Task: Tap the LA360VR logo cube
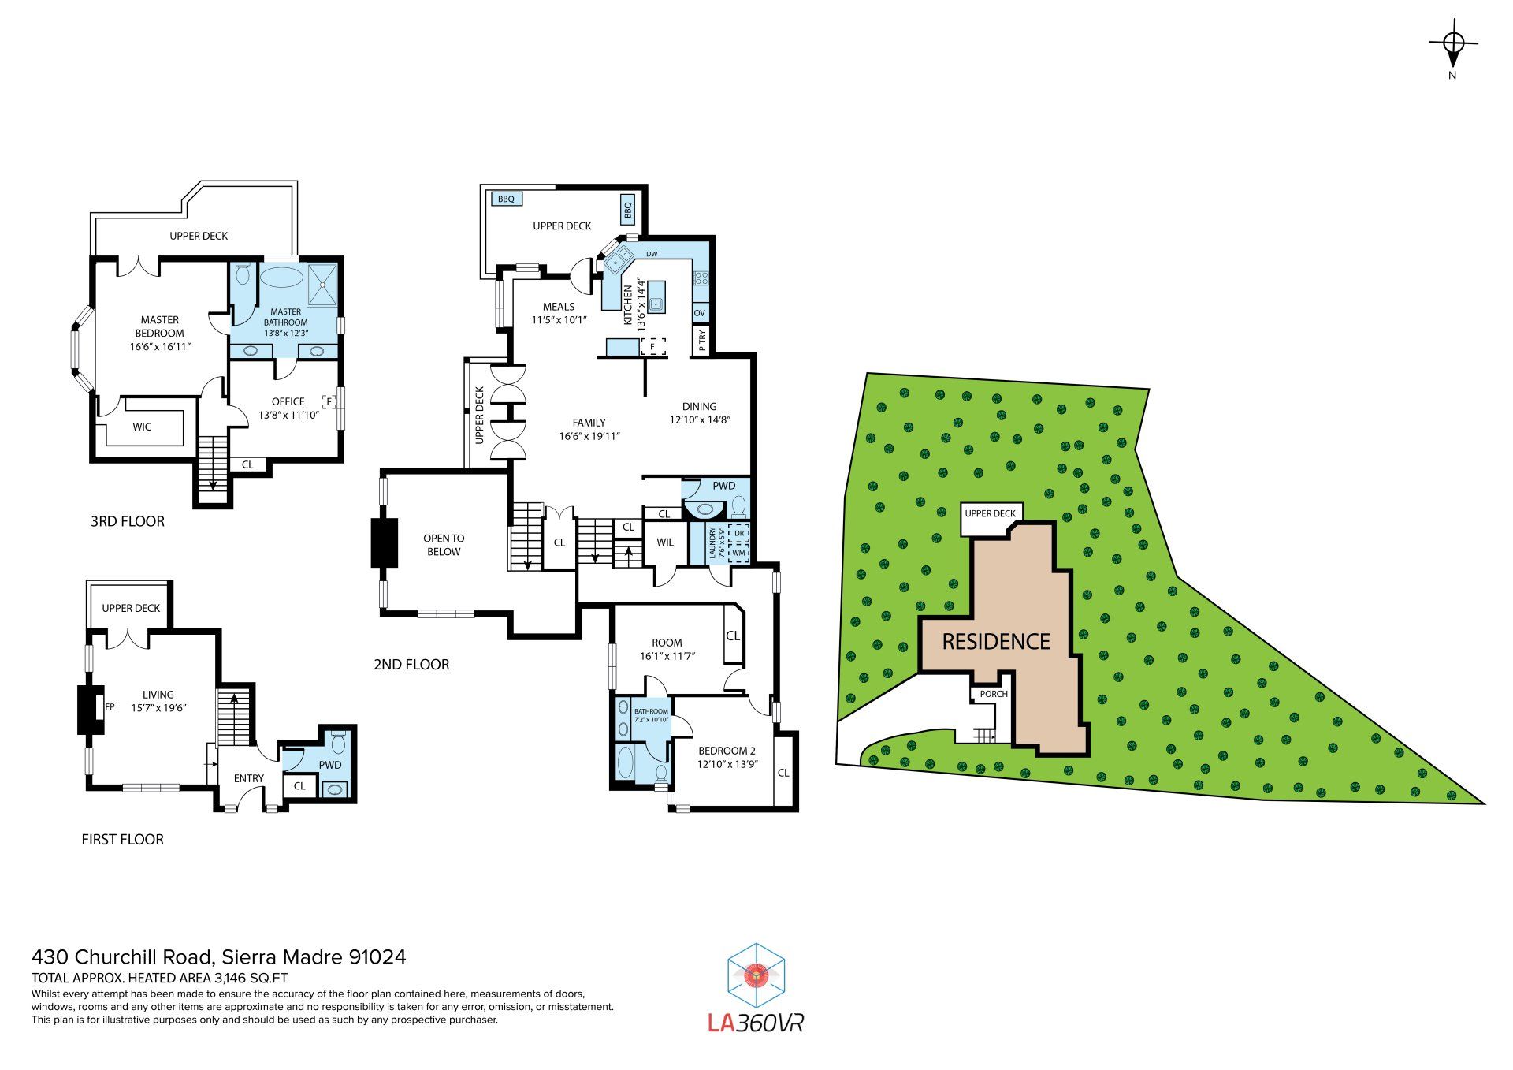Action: pos(756,976)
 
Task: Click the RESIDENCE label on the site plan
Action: pos(996,642)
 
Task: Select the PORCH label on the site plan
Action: pos(994,694)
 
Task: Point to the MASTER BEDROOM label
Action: pos(159,326)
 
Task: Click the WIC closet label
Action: pos(142,427)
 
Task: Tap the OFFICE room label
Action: pos(288,401)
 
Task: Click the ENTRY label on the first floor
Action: pos(249,778)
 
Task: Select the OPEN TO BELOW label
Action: pos(444,545)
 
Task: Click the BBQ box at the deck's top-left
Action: pos(506,199)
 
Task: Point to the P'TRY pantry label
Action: pos(702,339)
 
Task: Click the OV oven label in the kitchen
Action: pos(700,313)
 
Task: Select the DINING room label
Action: pos(700,407)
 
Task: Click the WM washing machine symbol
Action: pos(738,553)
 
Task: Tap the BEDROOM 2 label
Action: pos(727,751)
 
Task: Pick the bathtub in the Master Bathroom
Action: pos(281,277)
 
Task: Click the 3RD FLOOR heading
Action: pos(128,521)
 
